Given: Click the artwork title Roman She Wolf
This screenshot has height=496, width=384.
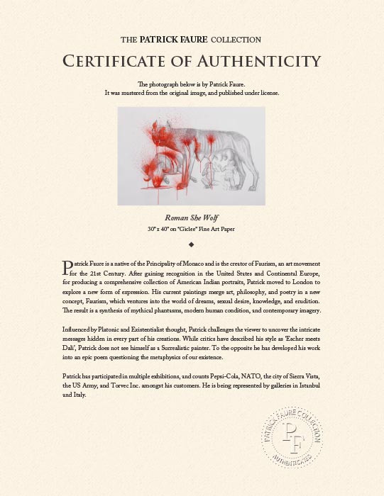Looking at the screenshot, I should click(192, 218).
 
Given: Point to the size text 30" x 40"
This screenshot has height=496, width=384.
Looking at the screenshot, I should click(159, 229).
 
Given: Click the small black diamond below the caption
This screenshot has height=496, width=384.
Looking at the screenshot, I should click(192, 244).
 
